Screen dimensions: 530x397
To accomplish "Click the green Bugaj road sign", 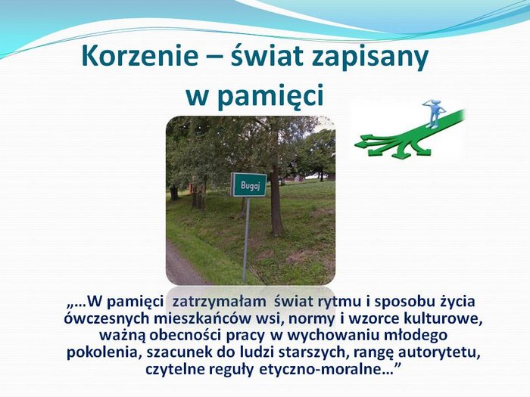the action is pos(248,185).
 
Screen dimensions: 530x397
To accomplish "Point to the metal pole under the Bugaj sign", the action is pos(246,240).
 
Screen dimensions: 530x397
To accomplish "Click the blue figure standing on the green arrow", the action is pos(432,113).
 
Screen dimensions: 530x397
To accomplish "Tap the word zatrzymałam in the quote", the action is pos(219,302).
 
